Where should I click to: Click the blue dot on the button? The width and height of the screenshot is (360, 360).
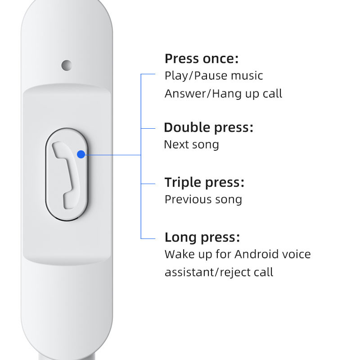click(81, 154)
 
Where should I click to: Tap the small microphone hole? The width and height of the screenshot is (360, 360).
click(67, 65)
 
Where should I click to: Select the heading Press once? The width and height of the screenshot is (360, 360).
click(201, 59)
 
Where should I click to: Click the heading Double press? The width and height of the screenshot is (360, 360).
click(208, 127)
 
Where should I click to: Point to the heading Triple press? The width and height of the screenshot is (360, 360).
click(204, 182)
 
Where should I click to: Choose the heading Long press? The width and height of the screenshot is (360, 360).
click(202, 237)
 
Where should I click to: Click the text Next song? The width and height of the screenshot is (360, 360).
click(191, 144)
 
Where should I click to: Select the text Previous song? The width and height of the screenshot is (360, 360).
click(203, 199)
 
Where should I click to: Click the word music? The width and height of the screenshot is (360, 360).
click(247, 76)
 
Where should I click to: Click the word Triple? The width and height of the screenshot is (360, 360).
click(182, 182)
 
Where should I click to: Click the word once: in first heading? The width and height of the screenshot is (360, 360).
click(221, 59)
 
